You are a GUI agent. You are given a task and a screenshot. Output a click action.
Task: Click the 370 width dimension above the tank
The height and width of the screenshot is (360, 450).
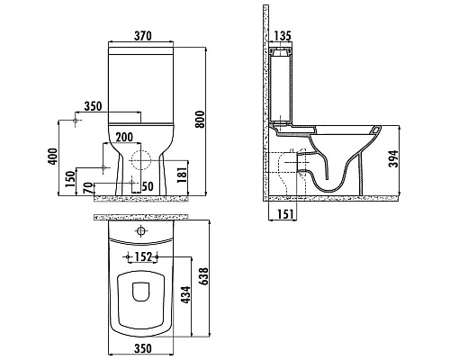[x=142, y=36]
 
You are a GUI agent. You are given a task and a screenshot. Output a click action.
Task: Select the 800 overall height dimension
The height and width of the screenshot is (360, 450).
[x=200, y=119]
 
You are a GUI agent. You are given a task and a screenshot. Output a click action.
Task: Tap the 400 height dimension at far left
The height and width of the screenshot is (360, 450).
[x=52, y=157]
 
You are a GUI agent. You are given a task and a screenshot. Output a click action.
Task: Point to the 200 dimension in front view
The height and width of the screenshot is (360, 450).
[x=124, y=137]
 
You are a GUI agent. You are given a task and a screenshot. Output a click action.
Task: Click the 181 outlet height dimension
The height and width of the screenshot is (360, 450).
[x=182, y=174]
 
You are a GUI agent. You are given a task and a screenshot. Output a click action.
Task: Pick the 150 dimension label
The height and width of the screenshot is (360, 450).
[x=70, y=179]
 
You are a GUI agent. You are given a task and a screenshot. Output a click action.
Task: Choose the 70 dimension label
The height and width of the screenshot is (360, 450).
[x=87, y=189]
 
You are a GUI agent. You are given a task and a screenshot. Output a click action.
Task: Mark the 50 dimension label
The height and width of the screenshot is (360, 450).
[x=148, y=186]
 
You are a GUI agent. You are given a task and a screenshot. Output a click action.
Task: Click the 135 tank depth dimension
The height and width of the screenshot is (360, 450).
[x=283, y=36]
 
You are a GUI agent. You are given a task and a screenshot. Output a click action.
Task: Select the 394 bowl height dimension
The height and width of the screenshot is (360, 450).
[x=393, y=158]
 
